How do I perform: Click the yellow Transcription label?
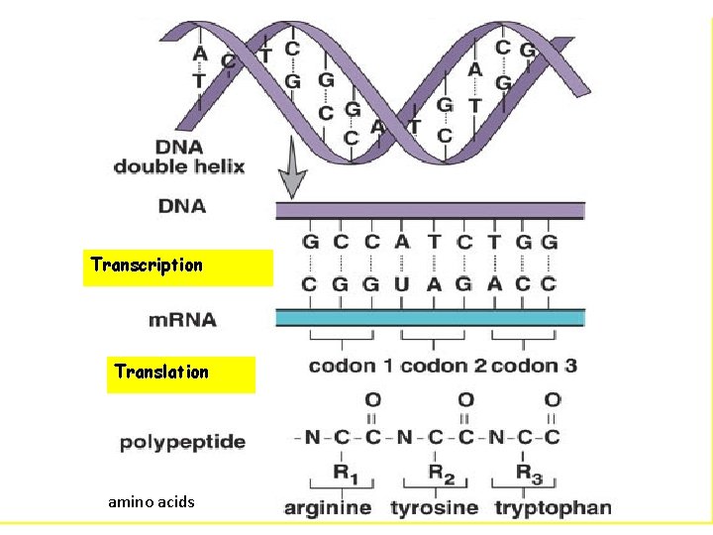(147, 266)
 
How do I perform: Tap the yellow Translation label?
(161, 373)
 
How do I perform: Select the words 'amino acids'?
(152, 502)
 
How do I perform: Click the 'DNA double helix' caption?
(178, 157)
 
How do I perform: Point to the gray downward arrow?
(290, 172)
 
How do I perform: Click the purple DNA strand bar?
(429, 210)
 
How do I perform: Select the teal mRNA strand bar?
(429, 317)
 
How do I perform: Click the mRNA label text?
(182, 320)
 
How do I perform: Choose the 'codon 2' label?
(443, 366)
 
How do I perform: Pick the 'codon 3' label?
(534, 366)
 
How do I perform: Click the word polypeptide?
(182, 442)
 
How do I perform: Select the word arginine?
(328, 508)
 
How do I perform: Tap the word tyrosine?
(435, 508)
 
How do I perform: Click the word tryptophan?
(553, 508)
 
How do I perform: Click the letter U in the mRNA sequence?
(401, 283)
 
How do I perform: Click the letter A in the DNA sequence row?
(401, 242)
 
